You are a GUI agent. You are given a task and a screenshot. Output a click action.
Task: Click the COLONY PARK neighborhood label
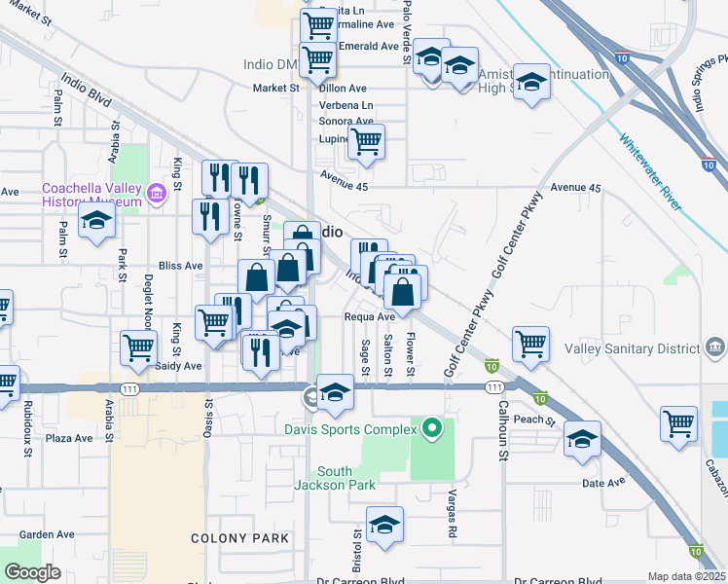(239, 538)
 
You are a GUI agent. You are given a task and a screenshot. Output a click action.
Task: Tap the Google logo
(32, 572)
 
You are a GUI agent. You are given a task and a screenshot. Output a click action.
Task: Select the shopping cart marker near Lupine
(366, 142)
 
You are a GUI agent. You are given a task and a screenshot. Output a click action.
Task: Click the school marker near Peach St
(582, 439)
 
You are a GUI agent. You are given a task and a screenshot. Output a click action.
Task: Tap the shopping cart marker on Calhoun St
(530, 344)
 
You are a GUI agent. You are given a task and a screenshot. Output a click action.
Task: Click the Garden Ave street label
(47, 534)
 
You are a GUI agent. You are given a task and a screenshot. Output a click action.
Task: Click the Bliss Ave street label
(180, 265)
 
